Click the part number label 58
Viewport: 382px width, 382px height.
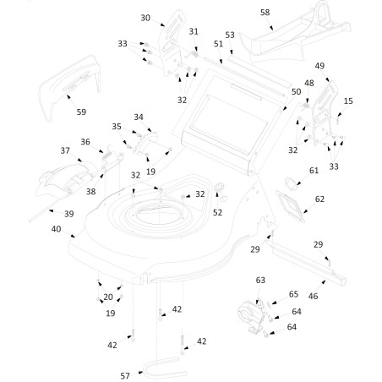coord(265,13)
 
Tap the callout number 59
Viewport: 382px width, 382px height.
coord(81,112)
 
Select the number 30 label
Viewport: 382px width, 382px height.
coord(145,18)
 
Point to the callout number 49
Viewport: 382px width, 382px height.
coord(319,65)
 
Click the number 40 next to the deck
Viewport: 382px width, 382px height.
coord(56,229)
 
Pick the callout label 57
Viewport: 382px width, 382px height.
coord(125,374)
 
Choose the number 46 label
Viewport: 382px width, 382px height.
coord(314,297)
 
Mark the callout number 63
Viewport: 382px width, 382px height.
coord(260,279)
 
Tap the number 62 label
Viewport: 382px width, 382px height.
coord(319,199)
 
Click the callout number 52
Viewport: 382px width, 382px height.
coord(217,213)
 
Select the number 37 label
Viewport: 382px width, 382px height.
coord(65,150)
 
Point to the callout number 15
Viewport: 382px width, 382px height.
coord(349,101)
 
